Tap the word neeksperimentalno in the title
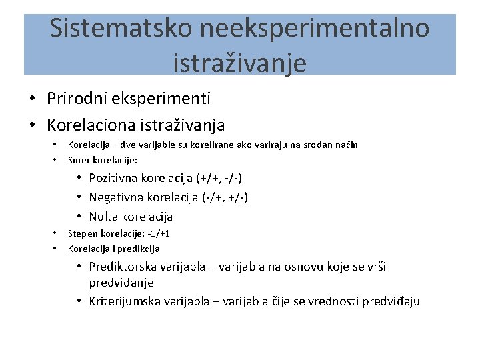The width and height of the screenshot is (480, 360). [x=313, y=29]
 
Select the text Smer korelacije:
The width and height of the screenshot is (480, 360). [x=103, y=160]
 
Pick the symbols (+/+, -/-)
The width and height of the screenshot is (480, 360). [x=219, y=178]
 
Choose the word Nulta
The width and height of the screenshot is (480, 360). [x=103, y=217]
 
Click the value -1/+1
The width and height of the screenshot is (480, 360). [x=157, y=234]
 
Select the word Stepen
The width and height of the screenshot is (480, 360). [x=83, y=234]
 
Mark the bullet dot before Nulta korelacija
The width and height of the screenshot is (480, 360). [x=79, y=217]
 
